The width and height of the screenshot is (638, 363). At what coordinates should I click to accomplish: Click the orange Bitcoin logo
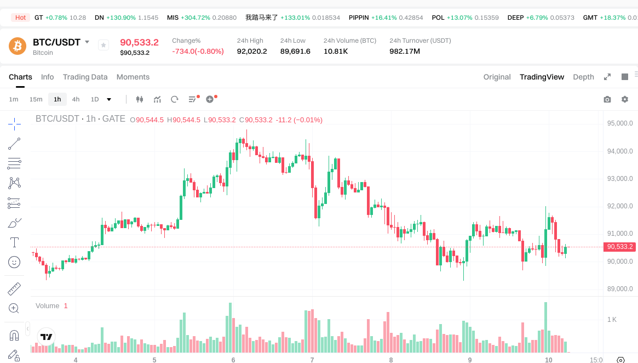[x=18, y=46]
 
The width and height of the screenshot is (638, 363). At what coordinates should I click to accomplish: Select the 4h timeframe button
[x=76, y=99]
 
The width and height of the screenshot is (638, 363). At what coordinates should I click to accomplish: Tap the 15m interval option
[x=36, y=99]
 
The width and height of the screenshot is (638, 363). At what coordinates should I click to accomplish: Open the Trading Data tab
[x=85, y=77]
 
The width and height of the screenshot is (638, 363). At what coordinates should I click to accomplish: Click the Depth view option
[x=583, y=77]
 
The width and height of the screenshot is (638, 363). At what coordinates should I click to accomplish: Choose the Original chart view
[x=497, y=77]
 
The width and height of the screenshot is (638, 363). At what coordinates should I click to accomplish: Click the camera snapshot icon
[x=607, y=99]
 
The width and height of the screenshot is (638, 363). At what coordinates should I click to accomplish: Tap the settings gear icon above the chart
[x=624, y=99]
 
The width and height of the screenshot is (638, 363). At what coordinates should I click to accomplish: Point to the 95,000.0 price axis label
[x=619, y=123]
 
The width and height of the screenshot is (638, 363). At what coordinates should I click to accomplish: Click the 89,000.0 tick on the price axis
[x=619, y=289]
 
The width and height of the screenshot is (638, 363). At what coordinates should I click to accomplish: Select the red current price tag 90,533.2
[x=619, y=247]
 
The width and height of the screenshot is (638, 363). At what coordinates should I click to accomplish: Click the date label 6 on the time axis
[x=233, y=360]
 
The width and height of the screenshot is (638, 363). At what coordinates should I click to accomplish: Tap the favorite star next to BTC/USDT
[x=103, y=45]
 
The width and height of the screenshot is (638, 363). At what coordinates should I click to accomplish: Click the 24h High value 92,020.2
[x=252, y=52]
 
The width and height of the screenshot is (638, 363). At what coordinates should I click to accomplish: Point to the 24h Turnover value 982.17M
[x=405, y=52]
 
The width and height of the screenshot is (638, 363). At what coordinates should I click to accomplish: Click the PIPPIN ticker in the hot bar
[x=359, y=18]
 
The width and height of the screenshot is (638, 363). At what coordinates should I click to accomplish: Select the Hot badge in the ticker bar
[x=20, y=18]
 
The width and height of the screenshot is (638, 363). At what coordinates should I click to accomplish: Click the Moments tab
[x=133, y=77]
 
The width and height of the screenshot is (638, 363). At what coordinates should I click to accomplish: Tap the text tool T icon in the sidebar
[x=14, y=242]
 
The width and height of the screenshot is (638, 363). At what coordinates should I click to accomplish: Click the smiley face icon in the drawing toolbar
[x=14, y=262]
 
